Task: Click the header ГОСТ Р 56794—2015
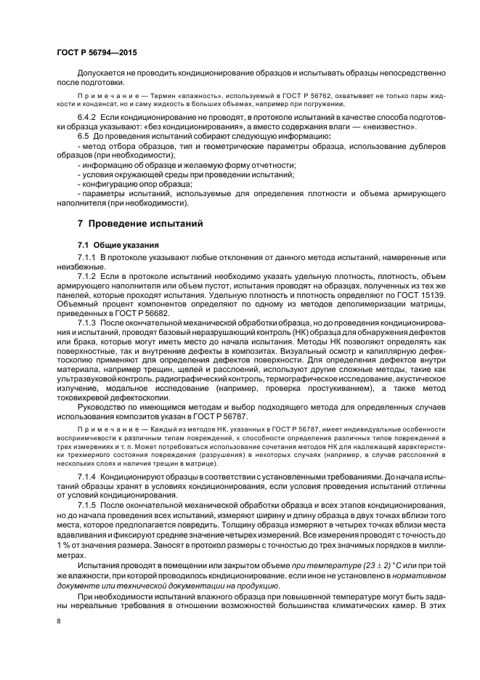(x=96, y=53)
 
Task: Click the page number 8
(x=59, y=621)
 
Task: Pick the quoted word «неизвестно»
(x=389, y=126)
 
